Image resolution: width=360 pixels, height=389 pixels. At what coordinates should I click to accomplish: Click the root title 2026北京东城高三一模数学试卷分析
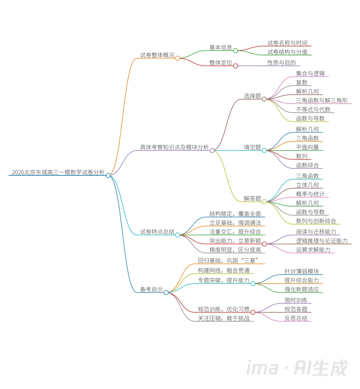(58, 172)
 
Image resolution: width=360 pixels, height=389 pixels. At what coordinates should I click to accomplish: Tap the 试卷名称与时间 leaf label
(287, 43)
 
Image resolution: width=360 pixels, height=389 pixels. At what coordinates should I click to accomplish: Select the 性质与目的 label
(282, 63)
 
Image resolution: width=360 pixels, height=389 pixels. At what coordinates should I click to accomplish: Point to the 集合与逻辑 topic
(310, 73)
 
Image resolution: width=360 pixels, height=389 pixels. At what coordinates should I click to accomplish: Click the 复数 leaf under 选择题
(302, 82)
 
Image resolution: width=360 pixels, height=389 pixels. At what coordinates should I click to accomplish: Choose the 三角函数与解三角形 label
(322, 100)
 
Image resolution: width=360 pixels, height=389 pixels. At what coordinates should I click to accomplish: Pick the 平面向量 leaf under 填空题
(307, 147)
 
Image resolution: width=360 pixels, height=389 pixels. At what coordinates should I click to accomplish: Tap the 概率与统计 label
(310, 194)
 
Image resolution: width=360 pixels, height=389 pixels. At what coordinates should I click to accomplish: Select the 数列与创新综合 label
(316, 221)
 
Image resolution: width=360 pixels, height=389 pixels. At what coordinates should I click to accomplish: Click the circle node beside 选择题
(264, 99)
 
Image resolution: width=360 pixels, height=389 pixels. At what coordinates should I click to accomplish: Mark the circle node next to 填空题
(264, 150)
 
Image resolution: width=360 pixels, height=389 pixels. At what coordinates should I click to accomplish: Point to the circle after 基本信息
(236, 51)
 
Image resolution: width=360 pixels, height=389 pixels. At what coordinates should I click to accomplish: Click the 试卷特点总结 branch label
(157, 232)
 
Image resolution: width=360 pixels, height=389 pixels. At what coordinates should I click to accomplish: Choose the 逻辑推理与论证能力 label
(322, 241)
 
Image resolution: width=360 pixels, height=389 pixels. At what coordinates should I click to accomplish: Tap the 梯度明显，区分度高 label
(235, 250)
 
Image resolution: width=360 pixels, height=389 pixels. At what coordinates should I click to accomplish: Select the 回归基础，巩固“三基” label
(228, 261)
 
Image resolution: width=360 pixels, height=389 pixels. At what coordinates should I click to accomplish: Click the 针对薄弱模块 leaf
(302, 272)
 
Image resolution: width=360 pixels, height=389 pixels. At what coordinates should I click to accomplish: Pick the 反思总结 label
(296, 318)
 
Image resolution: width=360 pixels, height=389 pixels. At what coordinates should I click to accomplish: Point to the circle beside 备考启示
(166, 293)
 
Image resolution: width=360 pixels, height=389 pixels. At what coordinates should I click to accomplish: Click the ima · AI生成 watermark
(297, 368)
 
